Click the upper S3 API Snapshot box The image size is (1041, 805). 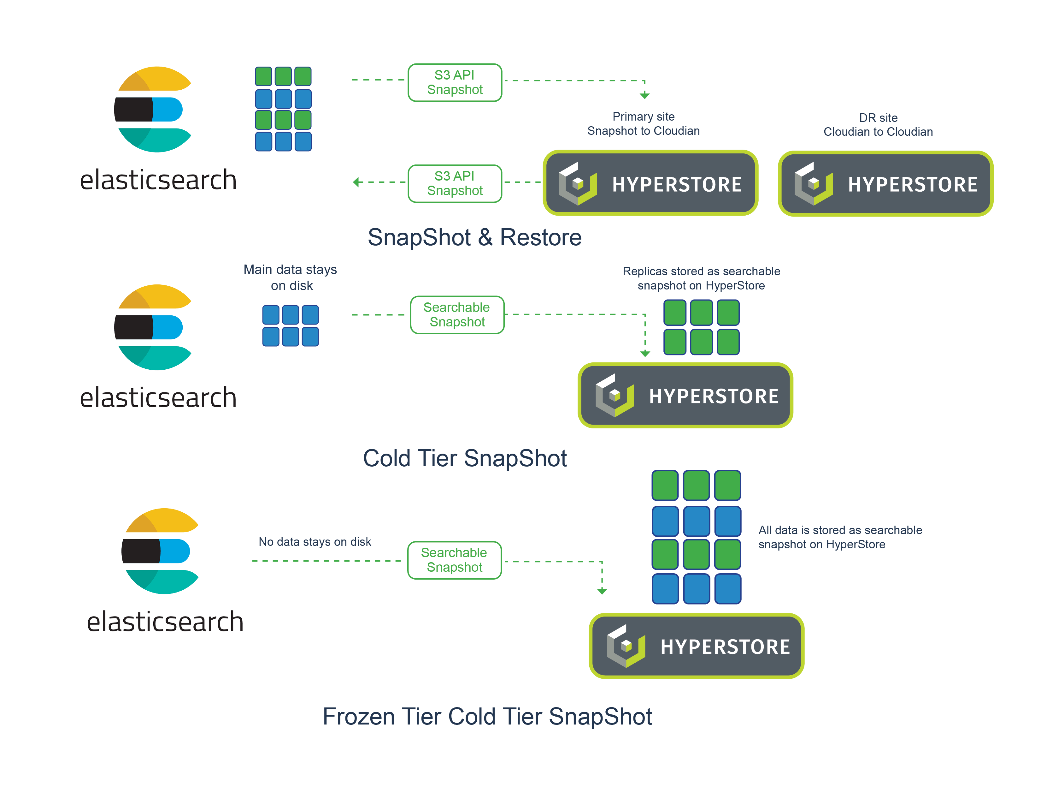click(455, 82)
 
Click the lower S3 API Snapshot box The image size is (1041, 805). click(455, 184)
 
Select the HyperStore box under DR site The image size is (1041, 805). click(885, 184)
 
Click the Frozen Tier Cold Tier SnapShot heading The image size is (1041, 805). click(487, 716)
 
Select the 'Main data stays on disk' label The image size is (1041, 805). click(290, 277)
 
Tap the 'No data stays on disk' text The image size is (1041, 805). click(315, 542)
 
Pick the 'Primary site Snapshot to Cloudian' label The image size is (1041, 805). click(644, 123)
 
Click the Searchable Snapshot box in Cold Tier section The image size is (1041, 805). click(457, 315)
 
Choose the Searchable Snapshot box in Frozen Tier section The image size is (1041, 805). click(454, 560)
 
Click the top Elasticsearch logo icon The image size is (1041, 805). click(153, 110)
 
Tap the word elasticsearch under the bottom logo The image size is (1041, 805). click(165, 622)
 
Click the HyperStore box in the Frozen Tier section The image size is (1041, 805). click(697, 646)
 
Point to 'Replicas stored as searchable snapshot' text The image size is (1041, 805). click(701, 278)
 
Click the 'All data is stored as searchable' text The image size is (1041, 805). click(840, 530)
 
